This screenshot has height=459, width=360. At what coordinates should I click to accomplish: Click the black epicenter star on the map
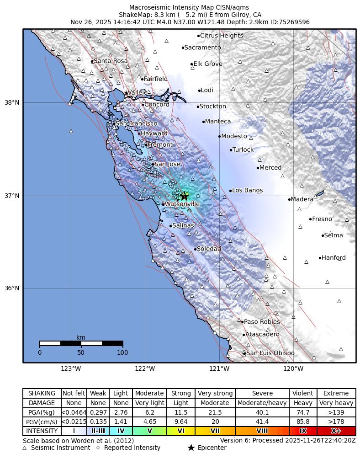click(x=185, y=196)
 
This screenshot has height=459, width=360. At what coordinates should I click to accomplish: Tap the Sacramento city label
click(x=202, y=48)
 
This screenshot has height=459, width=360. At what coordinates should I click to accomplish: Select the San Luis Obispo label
click(x=270, y=353)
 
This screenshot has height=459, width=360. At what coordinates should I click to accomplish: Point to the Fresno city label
click(x=322, y=219)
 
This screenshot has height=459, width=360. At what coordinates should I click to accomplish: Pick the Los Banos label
click(x=248, y=190)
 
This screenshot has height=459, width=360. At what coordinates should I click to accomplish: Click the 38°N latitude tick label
click(x=11, y=102)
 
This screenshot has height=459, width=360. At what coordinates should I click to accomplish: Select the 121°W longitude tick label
click(x=219, y=369)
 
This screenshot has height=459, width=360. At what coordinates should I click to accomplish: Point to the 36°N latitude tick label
click(x=11, y=288)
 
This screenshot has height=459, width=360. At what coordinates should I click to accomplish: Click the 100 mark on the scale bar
click(x=122, y=352)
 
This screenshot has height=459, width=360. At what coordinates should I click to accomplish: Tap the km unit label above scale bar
click(x=81, y=337)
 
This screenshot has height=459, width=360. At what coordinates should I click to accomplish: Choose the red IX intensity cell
click(x=303, y=431)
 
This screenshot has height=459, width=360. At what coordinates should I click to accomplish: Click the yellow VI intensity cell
click(x=181, y=431)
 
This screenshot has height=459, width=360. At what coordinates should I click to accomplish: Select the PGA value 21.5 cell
click(x=215, y=412)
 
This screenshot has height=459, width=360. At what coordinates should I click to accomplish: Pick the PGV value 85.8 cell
click(x=303, y=422)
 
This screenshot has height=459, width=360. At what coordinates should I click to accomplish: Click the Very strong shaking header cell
click(x=215, y=393)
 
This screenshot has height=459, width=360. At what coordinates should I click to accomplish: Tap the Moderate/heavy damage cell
click(x=262, y=403)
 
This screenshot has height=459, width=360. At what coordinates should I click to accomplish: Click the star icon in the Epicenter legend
click(x=191, y=448)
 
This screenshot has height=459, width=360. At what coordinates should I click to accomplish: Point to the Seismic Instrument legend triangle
click(x=25, y=448)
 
